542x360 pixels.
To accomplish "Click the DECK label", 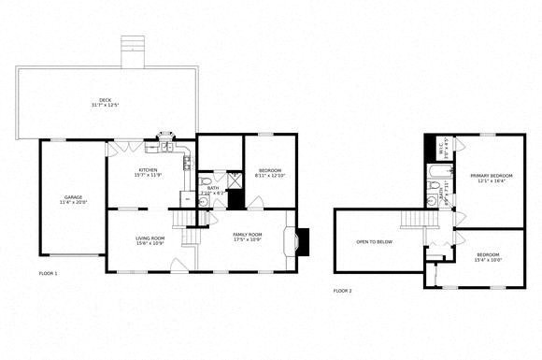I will [105, 100].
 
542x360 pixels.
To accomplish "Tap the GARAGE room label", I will [72, 196].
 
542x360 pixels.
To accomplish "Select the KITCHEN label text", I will [148, 168].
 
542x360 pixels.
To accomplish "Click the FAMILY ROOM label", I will [248, 234].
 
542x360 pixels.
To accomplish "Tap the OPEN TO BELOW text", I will [374, 241].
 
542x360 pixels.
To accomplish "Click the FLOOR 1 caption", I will [49, 273].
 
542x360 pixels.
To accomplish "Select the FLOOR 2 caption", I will [343, 291].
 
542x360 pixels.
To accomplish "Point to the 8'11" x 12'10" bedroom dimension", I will [268, 176].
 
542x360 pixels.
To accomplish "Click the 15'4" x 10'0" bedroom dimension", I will [488, 260].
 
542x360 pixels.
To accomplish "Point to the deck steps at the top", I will [134, 48].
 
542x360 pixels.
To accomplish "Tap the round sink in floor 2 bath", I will [431, 199].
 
